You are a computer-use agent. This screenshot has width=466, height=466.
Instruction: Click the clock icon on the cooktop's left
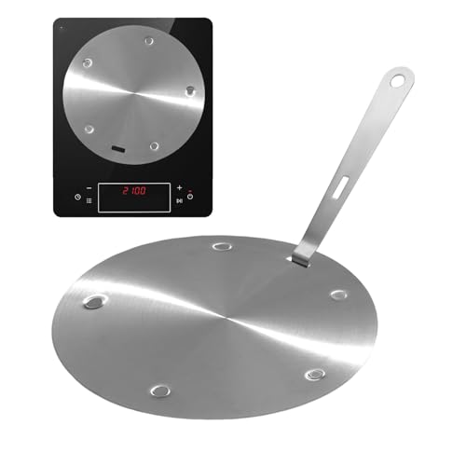[x=77, y=197]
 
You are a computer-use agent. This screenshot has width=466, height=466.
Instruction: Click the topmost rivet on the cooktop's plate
[x=148, y=40]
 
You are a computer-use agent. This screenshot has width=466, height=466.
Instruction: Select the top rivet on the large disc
[x=223, y=247]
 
